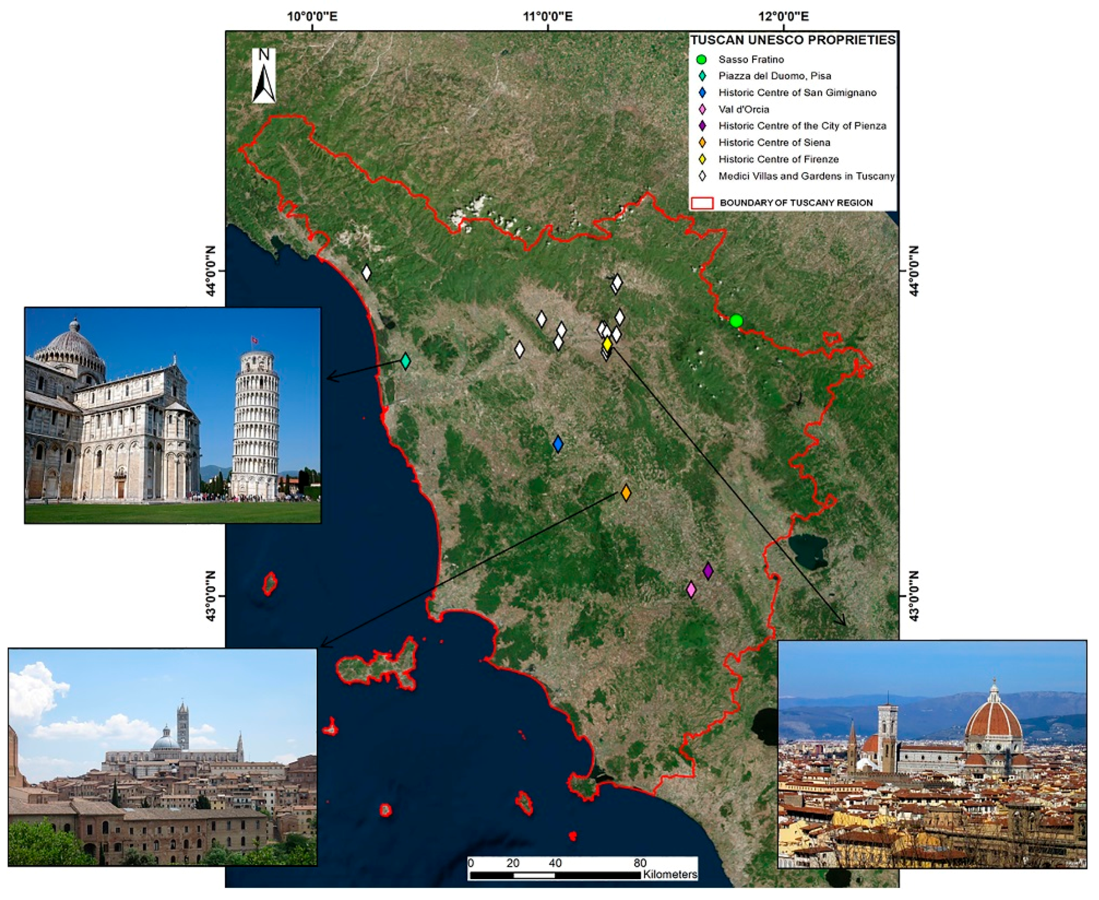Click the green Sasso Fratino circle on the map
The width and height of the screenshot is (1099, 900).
(x=736, y=321)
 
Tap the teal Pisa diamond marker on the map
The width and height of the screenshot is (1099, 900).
(x=406, y=361)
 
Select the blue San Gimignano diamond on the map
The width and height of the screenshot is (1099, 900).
(x=557, y=444)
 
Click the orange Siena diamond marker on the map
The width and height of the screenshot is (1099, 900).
(x=626, y=492)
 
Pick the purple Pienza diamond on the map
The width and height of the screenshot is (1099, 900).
(x=708, y=571)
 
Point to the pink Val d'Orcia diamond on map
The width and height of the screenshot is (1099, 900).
(x=691, y=590)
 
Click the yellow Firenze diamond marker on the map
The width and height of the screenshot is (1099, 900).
(x=607, y=344)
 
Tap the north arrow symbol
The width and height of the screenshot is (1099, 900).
(x=264, y=76)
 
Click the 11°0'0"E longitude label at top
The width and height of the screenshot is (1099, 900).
(x=548, y=17)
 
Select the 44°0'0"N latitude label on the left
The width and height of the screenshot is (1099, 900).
(x=211, y=271)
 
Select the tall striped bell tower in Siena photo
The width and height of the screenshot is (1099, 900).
(x=182, y=726)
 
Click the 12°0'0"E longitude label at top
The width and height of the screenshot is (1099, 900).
(x=783, y=17)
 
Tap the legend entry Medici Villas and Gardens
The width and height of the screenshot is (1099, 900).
(x=806, y=176)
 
